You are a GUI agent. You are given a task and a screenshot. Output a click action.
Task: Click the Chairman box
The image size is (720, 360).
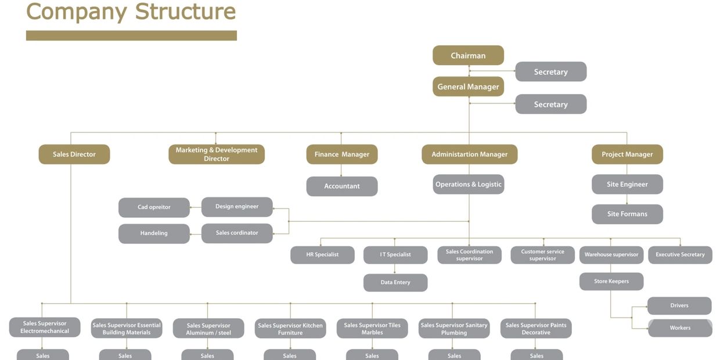[468, 56]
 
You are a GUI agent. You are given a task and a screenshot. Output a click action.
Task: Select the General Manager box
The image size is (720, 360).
[468, 87]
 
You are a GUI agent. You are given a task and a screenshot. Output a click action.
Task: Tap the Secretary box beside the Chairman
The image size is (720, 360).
[550, 72]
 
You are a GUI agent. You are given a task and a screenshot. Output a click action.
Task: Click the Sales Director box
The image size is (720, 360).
[74, 154]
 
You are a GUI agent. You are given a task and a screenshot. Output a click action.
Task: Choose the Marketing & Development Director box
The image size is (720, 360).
[217, 154]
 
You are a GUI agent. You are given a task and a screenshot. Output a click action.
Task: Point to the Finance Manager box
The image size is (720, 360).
[341, 154]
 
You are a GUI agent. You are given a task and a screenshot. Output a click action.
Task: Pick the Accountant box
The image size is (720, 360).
[341, 186]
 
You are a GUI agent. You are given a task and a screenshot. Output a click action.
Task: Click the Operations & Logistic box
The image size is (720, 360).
[468, 185]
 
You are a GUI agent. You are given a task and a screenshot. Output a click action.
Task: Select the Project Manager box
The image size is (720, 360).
[627, 154]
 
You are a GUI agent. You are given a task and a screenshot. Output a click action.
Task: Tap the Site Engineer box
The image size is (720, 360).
[627, 185]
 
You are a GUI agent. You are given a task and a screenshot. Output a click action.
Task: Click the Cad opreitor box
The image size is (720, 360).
[154, 207]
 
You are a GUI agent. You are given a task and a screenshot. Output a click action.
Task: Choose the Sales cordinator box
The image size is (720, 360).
[237, 233]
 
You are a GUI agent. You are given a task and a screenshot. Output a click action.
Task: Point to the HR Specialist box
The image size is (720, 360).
[322, 255]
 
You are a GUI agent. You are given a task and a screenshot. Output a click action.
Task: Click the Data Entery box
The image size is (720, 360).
[395, 283]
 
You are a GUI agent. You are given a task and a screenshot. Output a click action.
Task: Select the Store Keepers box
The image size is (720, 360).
[611, 282]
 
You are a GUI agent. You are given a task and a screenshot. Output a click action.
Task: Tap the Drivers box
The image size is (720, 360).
[679, 305]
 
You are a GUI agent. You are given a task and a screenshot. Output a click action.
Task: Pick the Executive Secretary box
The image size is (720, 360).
[680, 255]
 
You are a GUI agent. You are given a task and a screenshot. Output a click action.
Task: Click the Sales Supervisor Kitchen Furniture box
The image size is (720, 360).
[290, 329]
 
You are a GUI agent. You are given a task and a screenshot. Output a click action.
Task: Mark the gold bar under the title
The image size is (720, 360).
[131, 35]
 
